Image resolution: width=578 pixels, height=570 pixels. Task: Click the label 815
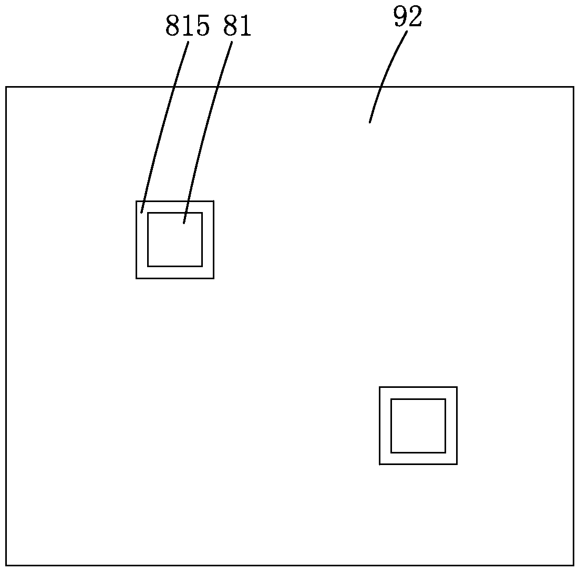pos(188,27)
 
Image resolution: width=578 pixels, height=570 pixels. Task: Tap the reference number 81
pos(237,27)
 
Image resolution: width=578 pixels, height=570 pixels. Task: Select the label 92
pos(408,18)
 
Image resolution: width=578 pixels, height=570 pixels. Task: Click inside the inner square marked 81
pos(175,241)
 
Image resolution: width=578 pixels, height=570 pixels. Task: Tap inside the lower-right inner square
pos(418,426)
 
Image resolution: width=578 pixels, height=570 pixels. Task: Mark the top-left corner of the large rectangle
pos(6,87)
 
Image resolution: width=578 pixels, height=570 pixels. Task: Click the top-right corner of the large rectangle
pos(573,87)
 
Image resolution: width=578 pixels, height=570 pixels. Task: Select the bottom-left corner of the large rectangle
pos(6,565)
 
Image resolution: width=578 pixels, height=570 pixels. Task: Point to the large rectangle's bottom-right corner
pos(573,565)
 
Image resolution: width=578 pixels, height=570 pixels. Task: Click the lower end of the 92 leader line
pos(370,122)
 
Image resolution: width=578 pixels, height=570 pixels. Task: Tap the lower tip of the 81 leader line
pos(183,223)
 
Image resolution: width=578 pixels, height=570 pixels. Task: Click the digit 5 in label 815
pos(202,27)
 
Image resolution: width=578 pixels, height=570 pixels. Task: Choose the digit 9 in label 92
pos(401,18)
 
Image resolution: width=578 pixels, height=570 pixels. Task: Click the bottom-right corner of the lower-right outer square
pos(457,464)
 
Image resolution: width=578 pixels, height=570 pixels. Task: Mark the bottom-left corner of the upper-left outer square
pos(137,278)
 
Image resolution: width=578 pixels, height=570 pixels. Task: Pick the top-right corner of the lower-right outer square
pos(457,387)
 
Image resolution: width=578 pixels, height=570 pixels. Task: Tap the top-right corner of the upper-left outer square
pos(213,201)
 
